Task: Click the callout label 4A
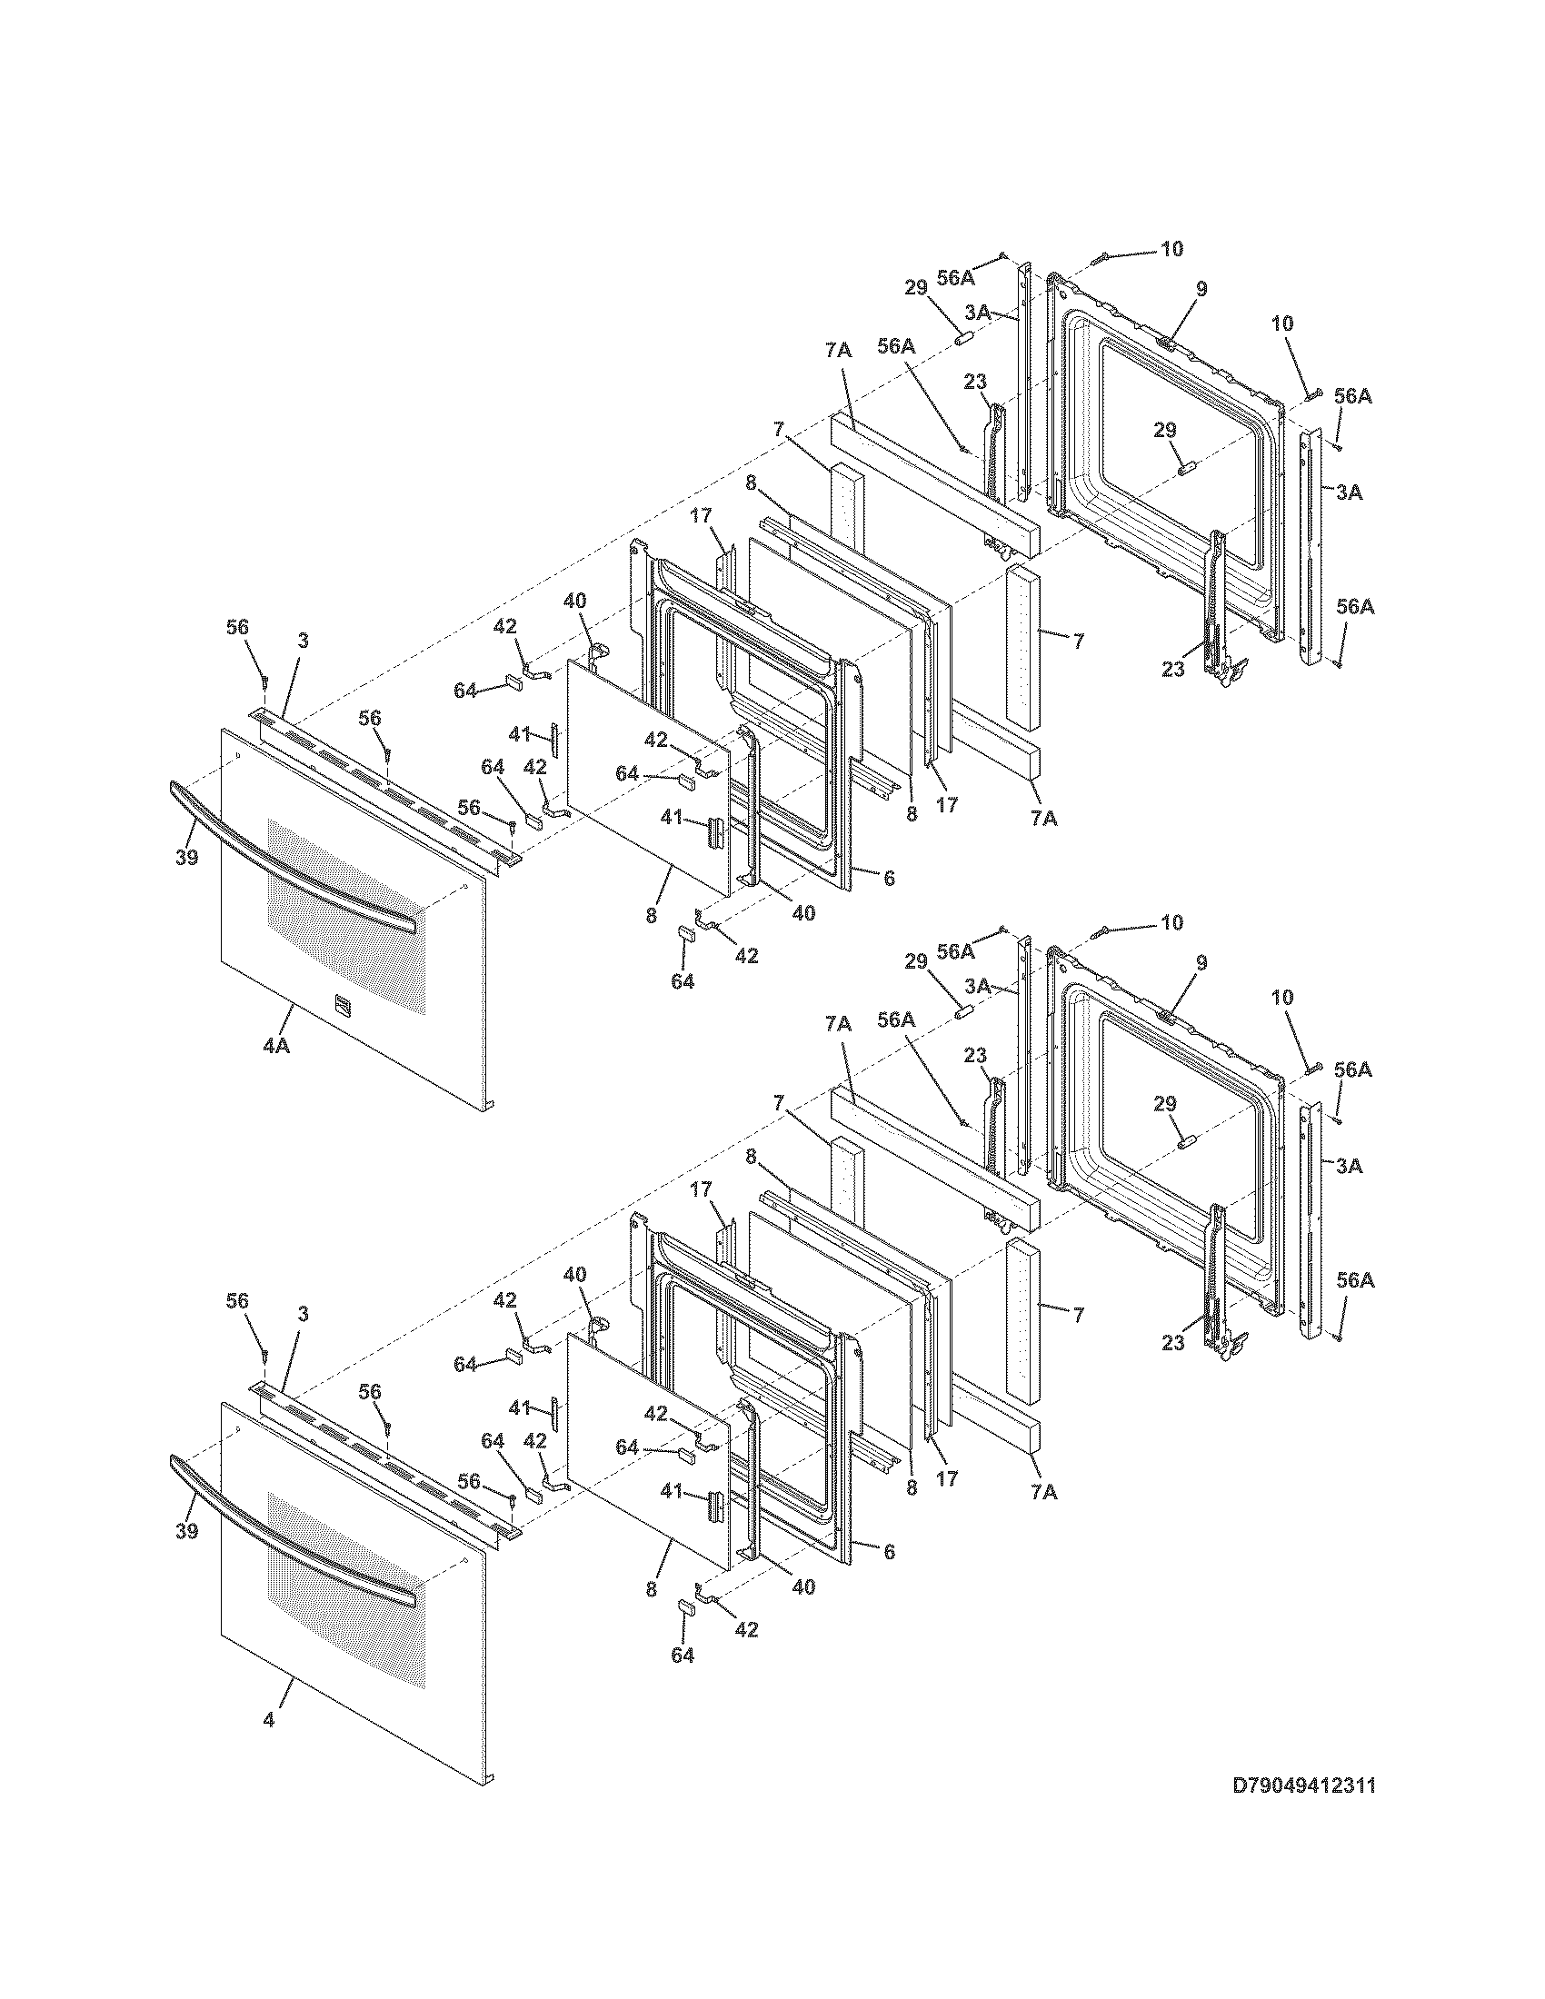[x=275, y=1045]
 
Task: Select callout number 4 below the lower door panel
[x=268, y=1720]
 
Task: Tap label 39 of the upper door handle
[x=186, y=858]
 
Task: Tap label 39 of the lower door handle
[x=186, y=1531]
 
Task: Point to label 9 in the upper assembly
[x=1201, y=289]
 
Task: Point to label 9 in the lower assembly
[x=1201, y=963]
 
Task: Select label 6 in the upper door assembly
[x=888, y=877]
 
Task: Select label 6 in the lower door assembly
[x=888, y=1551]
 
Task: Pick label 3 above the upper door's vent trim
[x=303, y=641]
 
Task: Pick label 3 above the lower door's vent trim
[x=303, y=1314]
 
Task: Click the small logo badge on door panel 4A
[x=342, y=1003]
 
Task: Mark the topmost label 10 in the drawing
[x=1171, y=249]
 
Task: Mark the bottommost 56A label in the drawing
[x=1354, y=1280]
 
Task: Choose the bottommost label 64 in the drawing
[x=682, y=1655]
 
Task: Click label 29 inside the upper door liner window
[x=1164, y=431]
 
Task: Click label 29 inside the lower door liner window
[x=1164, y=1105]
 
